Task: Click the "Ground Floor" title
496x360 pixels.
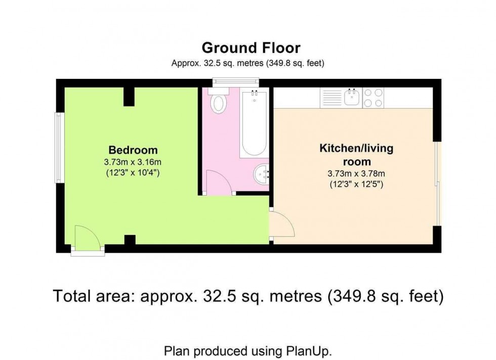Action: click(x=251, y=48)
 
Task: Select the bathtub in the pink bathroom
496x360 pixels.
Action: click(x=254, y=123)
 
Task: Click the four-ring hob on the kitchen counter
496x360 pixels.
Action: click(x=374, y=98)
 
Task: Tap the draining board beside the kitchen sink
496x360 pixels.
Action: click(x=332, y=98)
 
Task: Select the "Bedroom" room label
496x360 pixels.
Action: click(x=133, y=150)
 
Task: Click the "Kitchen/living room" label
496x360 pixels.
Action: click(x=356, y=155)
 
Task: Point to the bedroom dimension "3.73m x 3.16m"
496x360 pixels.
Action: click(x=133, y=162)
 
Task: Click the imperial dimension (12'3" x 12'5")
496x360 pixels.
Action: click(x=356, y=185)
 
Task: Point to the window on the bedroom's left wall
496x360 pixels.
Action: click(x=59, y=147)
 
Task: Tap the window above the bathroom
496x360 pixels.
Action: click(x=235, y=81)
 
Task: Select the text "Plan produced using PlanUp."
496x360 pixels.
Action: click(x=248, y=351)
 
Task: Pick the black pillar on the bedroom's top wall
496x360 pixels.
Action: click(x=130, y=96)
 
